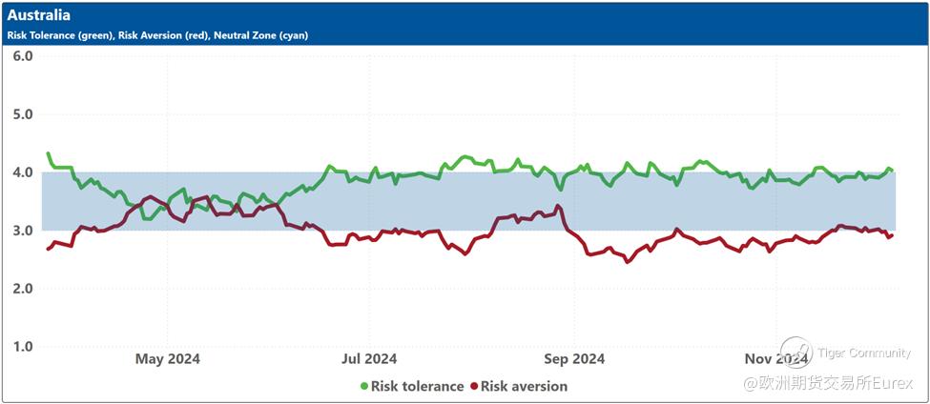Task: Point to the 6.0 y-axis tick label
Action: click(23, 55)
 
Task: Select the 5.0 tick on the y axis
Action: click(23, 114)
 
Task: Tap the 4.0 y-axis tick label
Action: click(23, 172)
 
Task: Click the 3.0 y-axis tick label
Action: click(23, 231)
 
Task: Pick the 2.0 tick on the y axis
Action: click(23, 289)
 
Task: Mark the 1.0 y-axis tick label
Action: click(23, 347)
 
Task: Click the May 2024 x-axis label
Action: click(167, 359)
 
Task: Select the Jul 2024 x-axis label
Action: click(368, 359)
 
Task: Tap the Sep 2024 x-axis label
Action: click(573, 359)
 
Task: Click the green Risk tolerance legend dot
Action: click(363, 387)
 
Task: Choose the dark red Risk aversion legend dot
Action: click(473, 387)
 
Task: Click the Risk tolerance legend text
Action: click(417, 387)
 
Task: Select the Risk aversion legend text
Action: click(524, 387)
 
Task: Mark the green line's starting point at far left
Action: click(48, 152)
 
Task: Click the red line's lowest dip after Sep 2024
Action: click(627, 261)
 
